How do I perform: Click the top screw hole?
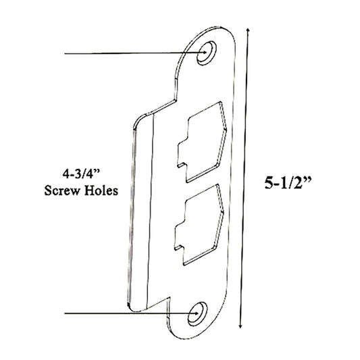click(206, 53)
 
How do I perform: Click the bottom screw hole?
click(197, 313)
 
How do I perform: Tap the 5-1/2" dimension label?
click(288, 184)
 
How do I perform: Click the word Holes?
click(101, 190)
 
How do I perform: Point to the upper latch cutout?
click(202, 142)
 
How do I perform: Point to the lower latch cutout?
click(199, 224)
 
